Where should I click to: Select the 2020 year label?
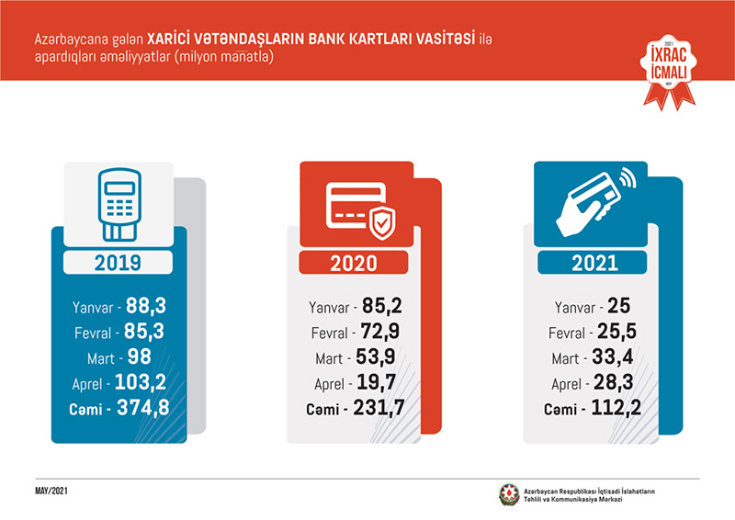click(x=353, y=264)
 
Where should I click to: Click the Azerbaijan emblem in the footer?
click(x=508, y=494)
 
